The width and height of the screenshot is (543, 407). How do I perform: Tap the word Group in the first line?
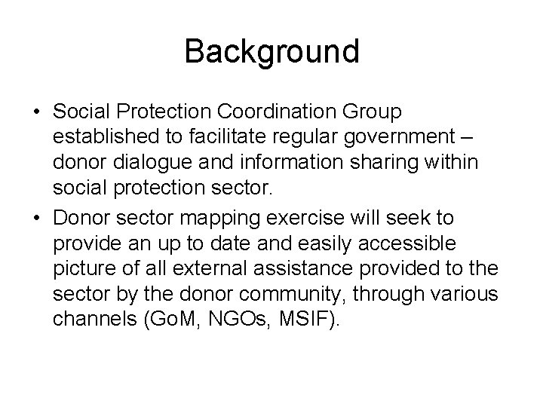coord(373,112)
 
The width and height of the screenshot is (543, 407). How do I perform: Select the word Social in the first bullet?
coord(81,112)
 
